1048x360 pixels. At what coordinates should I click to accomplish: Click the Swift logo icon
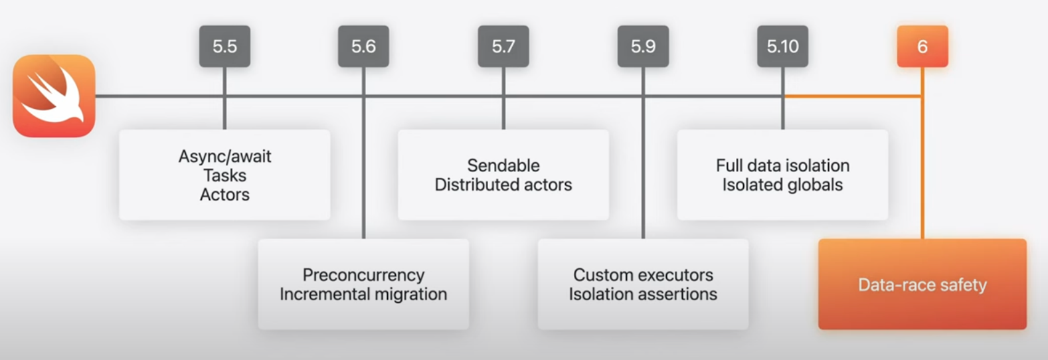pos(54,96)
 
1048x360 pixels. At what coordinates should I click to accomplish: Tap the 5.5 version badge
pos(224,46)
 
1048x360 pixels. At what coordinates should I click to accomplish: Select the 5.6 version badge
pos(363,46)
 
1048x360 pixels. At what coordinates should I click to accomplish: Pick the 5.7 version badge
pos(503,46)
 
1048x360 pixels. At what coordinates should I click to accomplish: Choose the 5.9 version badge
pos(643,46)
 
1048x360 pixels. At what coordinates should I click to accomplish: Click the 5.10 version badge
pos(782,46)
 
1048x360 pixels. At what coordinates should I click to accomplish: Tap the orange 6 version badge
pos(922,46)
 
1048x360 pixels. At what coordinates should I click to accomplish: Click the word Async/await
pos(224,157)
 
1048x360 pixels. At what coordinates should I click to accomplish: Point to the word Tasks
pos(224,175)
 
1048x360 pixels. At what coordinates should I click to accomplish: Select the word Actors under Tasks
pos(224,195)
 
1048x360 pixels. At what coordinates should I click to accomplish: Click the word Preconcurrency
pos(363,275)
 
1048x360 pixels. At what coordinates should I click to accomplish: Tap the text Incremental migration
pos(363,294)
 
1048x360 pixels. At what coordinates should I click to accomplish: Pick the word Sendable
pos(503,165)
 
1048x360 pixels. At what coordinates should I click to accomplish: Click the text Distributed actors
pos(503,185)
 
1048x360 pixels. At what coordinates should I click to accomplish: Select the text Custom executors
pos(643,275)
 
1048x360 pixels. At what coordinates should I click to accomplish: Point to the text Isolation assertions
pos(643,294)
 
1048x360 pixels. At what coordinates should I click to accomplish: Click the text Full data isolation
pos(782,165)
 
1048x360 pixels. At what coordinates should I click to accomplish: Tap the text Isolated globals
pos(782,185)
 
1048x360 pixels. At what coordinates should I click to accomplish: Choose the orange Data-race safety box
pos(922,284)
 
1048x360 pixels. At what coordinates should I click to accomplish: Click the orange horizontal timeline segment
pos(853,96)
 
